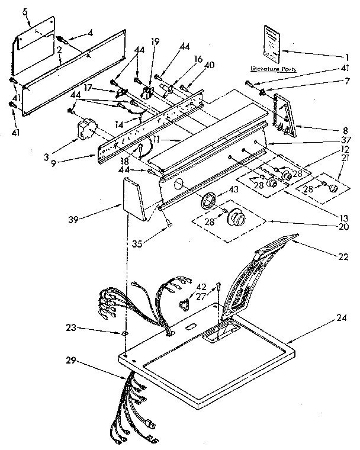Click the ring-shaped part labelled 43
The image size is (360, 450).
click(208, 200)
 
